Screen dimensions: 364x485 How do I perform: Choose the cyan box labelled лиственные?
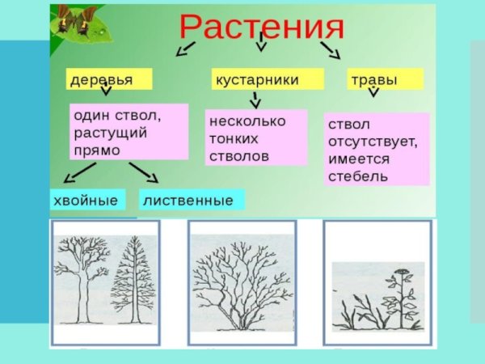click(x=192, y=200)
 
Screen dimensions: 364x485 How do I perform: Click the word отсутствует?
click(x=373, y=142)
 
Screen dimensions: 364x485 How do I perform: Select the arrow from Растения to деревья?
click(x=185, y=50)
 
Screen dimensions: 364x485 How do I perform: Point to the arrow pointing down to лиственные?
click(x=144, y=171)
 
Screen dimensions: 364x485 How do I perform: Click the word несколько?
click(x=247, y=121)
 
